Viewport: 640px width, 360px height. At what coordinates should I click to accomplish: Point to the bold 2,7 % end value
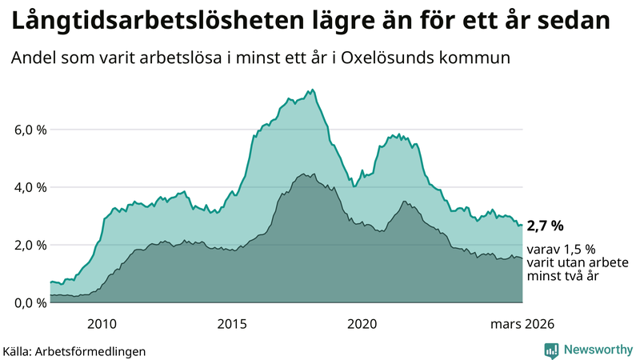tap(546, 226)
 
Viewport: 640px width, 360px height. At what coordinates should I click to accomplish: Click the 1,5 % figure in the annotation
tap(578, 249)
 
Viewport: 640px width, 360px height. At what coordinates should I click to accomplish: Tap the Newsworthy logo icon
tap(551, 350)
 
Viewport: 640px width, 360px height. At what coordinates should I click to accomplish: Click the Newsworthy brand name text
tap(598, 350)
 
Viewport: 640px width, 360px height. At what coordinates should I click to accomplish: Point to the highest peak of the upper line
tap(312, 90)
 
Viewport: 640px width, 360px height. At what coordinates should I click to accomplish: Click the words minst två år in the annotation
tap(564, 275)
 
